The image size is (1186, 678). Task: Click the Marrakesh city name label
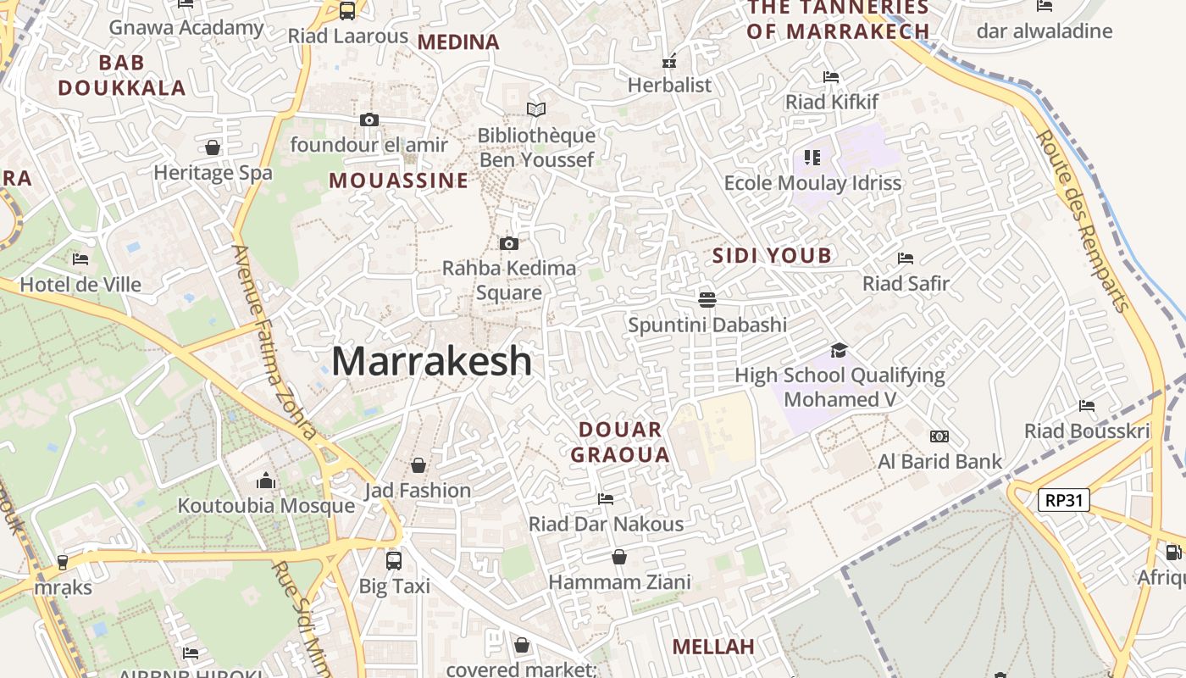click(x=431, y=362)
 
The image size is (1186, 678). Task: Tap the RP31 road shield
click(x=1064, y=500)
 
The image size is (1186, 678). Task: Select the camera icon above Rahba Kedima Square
click(x=509, y=244)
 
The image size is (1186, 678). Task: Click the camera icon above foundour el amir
click(x=369, y=120)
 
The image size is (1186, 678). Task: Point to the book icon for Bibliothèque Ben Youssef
click(x=536, y=109)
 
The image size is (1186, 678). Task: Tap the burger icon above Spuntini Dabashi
click(x=707, y=299)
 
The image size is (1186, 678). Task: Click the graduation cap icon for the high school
click(x=839, y=350)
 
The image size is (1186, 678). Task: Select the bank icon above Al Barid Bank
click(x=939, y=436)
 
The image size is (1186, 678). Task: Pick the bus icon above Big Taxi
click(x=394, y=560)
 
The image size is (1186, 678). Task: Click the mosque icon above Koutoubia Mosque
click(x=266, y=481)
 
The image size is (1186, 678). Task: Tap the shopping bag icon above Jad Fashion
click(x=418, y=465)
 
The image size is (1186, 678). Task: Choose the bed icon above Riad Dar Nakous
click(x=606, y=499)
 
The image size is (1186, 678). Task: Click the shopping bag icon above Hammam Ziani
click(x=619, y=557)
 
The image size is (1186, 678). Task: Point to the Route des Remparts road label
click(x=1085, y=222)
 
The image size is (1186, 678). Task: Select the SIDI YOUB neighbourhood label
click(x=772, y=256)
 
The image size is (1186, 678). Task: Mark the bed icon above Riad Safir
click(x=906, y=258)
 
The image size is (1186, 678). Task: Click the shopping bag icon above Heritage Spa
click(x=213, y=147)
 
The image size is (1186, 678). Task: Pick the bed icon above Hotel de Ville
click(x=80, y=259)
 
